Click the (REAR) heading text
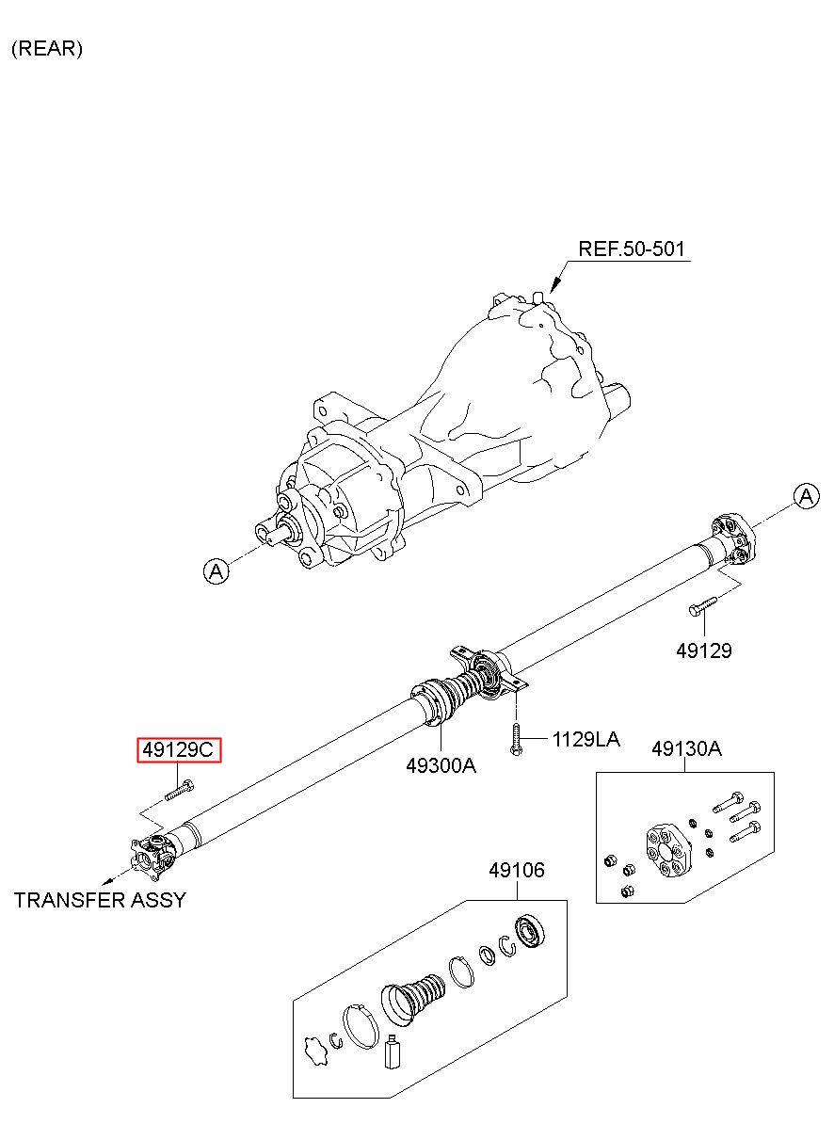47,48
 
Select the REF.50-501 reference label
632,249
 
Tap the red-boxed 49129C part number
179,749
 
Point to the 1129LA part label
586,739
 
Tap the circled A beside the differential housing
217,571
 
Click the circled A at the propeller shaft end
807,496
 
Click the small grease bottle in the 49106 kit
393,1051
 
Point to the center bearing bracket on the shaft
489,672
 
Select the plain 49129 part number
704,650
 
